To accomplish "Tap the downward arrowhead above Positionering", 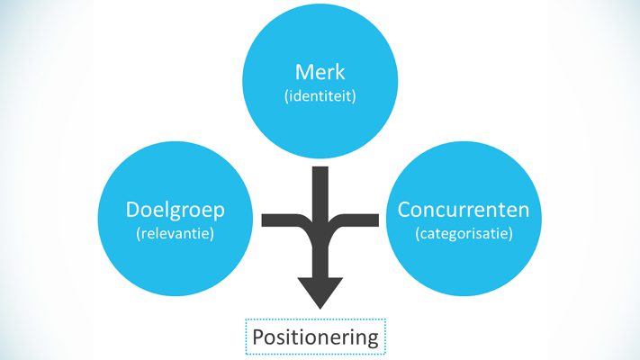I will click(x=320, y=292).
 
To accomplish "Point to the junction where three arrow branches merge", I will click(x=320, y=229).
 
